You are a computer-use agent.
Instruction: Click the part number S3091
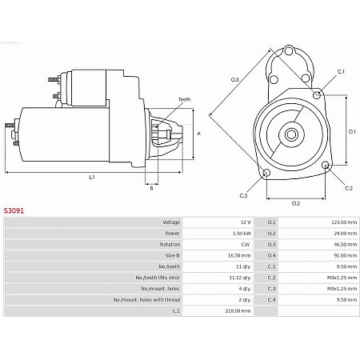(14, 210)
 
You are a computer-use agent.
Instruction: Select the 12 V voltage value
(246, 222)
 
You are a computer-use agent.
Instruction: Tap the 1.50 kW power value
(242, 234)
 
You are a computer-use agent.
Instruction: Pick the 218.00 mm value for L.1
(238, 310)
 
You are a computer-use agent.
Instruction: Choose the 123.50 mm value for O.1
(344, 222)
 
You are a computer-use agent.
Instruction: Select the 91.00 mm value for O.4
(346, 255)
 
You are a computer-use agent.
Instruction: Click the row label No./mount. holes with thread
(146, 300)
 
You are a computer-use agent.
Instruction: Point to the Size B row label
(172, 255)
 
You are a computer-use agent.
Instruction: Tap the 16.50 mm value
(239, 255)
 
